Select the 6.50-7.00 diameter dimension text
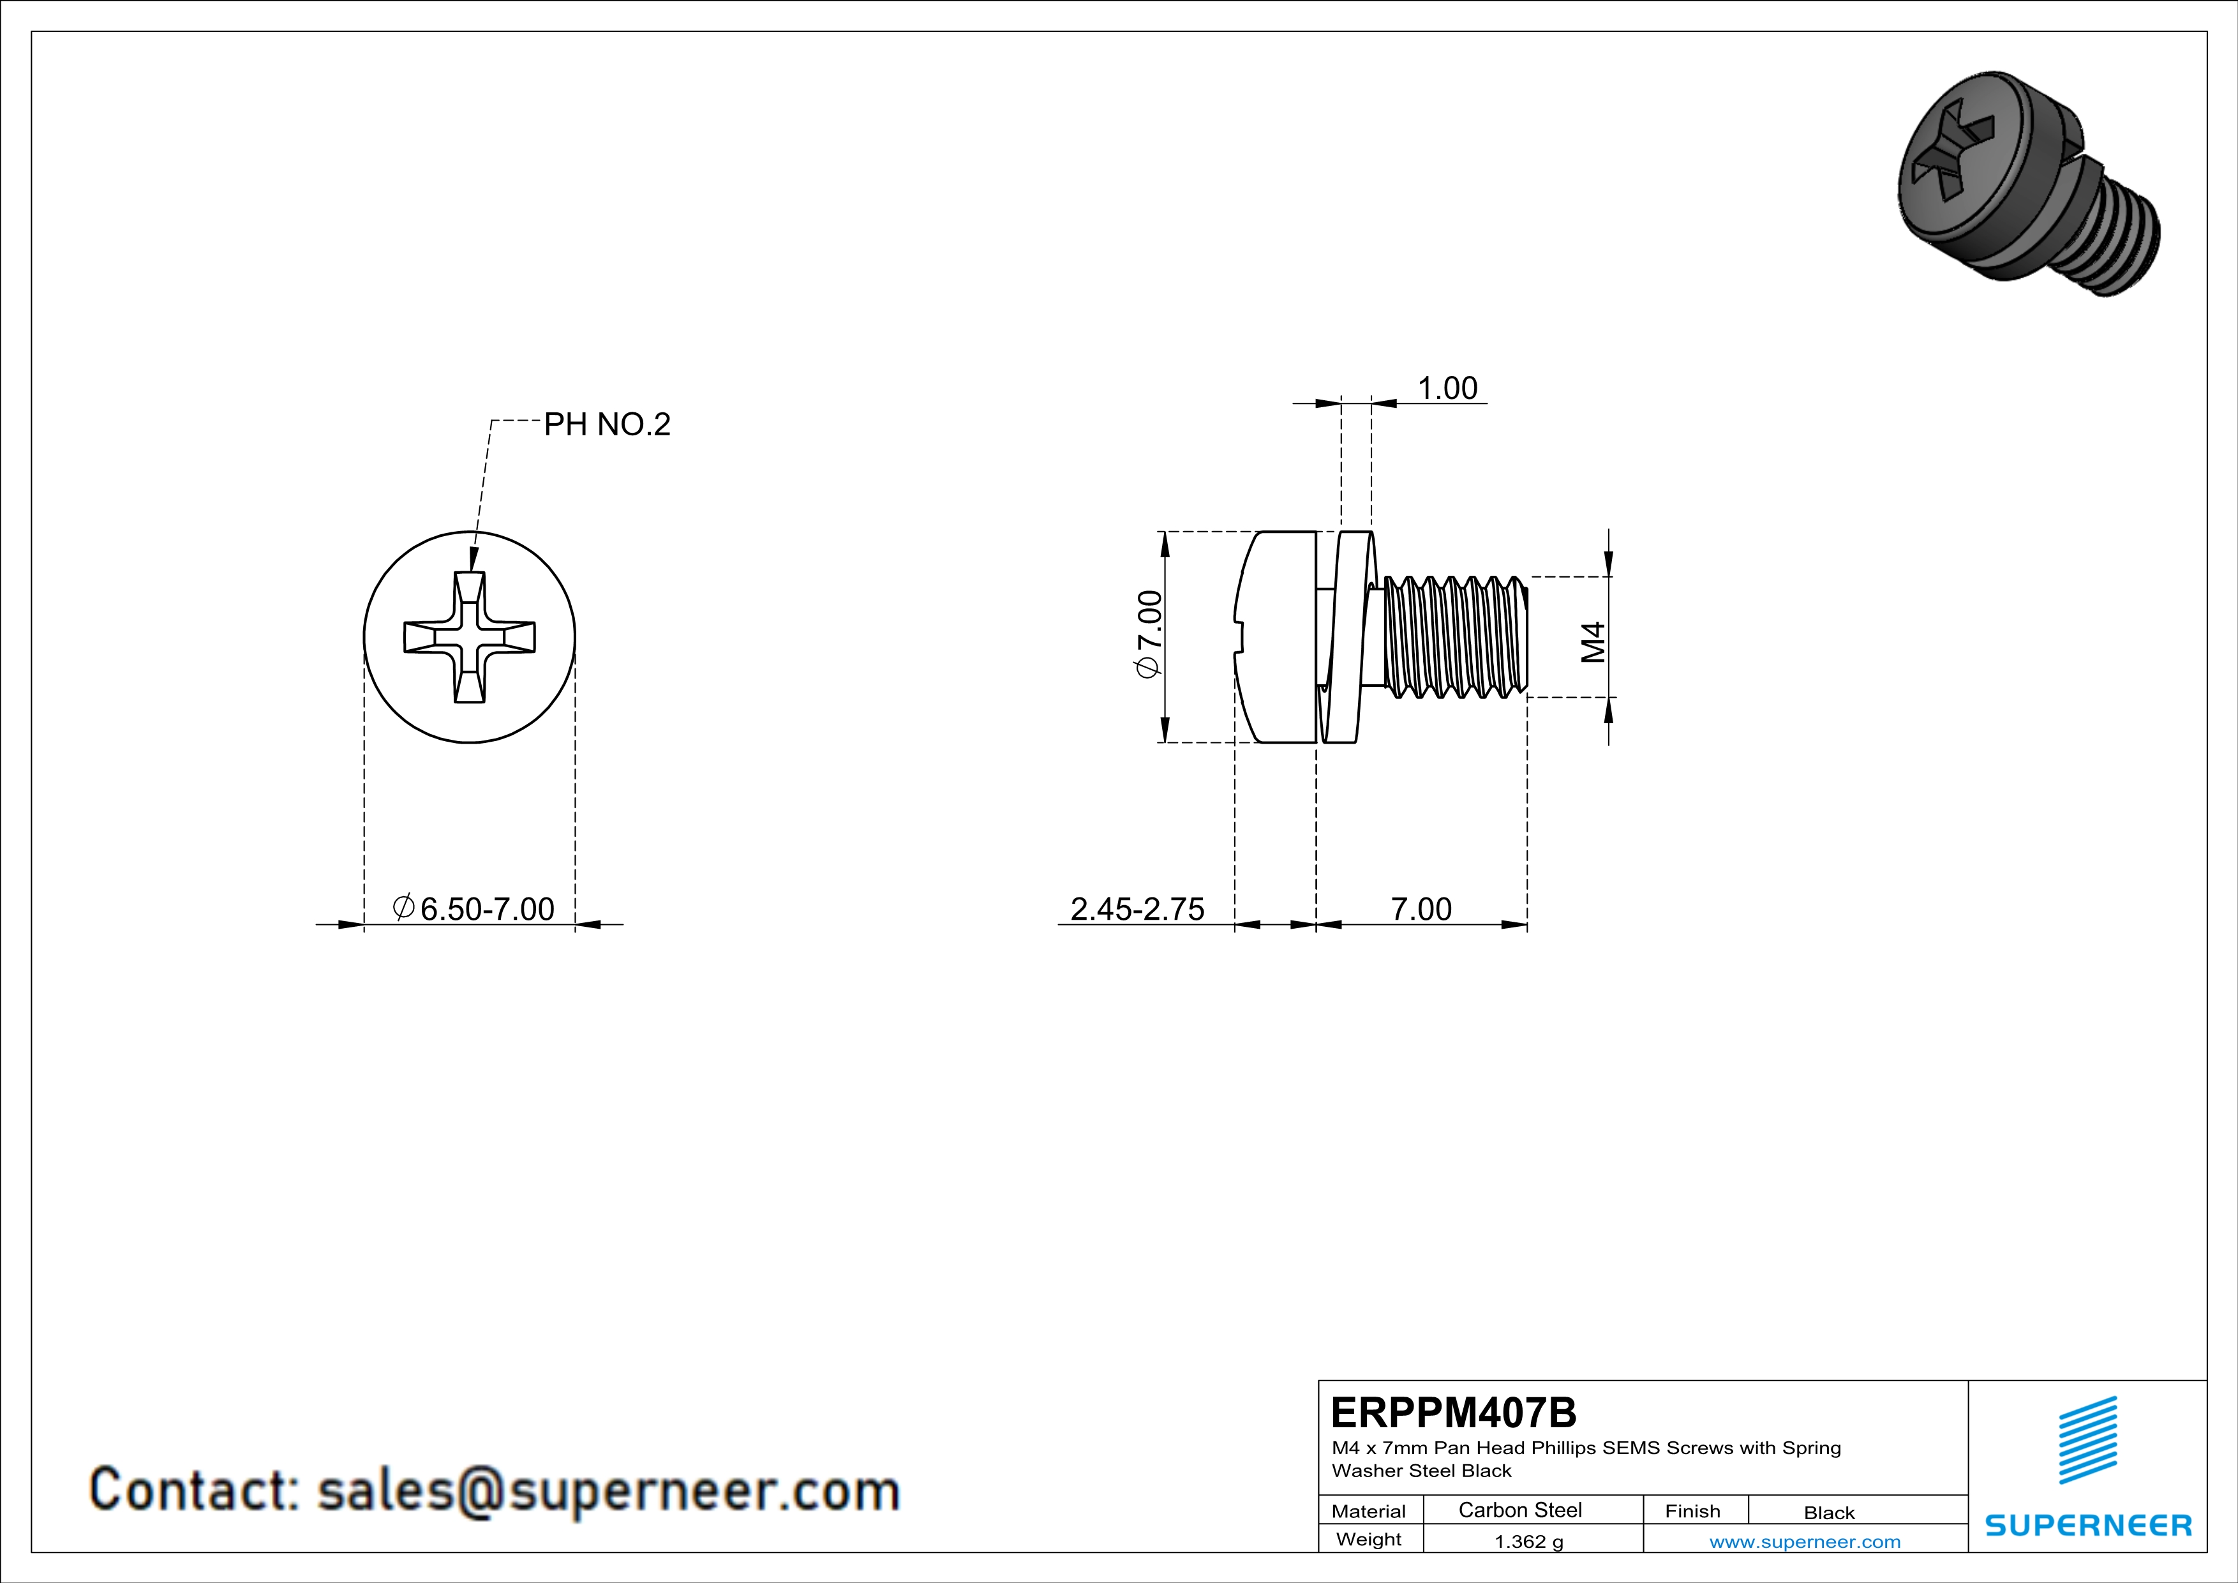[475, 908]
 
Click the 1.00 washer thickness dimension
[1447, 388]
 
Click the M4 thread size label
[1593, 641]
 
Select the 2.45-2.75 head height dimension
[1137, 908]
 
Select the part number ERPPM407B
[1452, 1413]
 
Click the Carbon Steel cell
[1519, 1510]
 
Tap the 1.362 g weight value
[1528, 1541]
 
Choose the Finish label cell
[1692, 1511]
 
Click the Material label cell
[1369, 1511]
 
